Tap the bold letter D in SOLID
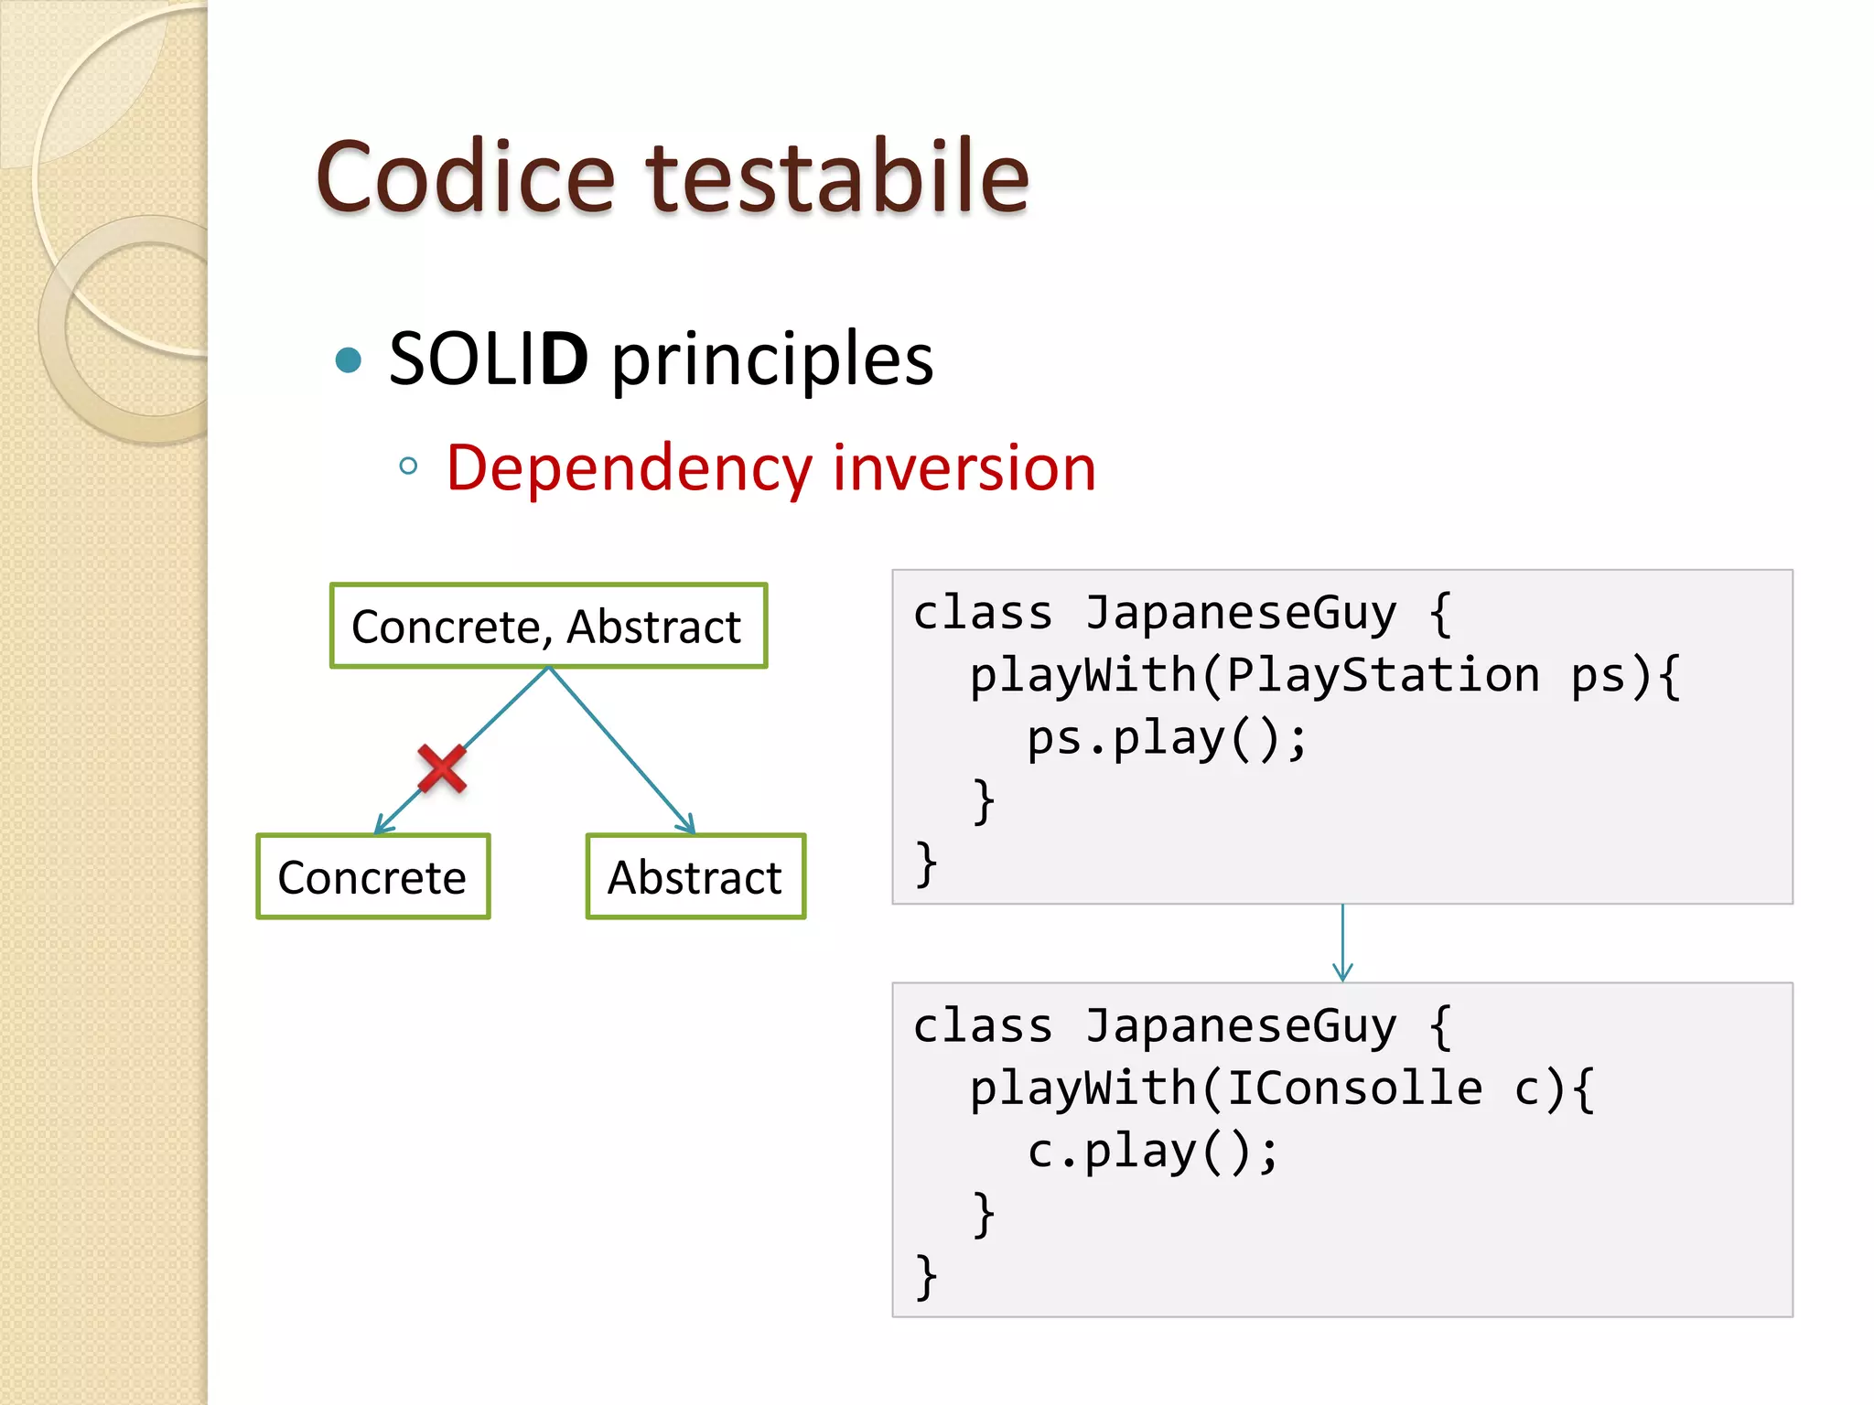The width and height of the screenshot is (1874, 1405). (564, 359)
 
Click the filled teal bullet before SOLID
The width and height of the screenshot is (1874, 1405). (349, 360)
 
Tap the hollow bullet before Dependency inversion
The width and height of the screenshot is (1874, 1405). (408, 467)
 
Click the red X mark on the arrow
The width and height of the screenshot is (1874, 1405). (442, 768)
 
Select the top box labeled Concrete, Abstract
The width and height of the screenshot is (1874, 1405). (548, 627)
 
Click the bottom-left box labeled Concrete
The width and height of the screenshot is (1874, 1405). (372, 877)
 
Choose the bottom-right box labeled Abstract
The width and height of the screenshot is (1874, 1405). (695, 877)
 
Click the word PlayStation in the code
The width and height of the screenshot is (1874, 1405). (1383, 676)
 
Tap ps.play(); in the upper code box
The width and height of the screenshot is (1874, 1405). (1168, 739)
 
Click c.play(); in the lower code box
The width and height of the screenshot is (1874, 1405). (1153, 1152)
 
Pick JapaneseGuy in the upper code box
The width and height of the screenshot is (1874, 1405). (1241, 613)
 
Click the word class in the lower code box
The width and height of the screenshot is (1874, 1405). (983, 1026)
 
